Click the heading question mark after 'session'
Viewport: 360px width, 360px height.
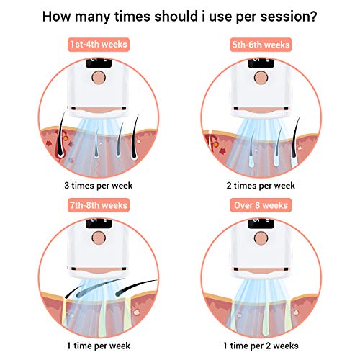[313, 17]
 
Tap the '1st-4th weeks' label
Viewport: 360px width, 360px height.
[99, 45]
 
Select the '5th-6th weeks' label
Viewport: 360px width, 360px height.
[261, 45]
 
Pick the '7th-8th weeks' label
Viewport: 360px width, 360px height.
[99, 205]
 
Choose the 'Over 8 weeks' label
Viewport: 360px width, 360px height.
[261, 205]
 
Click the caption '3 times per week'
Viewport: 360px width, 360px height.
[99, 186]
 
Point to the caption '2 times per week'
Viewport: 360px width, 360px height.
[261, 186]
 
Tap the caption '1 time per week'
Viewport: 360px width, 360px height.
[99, 346]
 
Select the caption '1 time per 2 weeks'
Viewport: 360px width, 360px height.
[261, 346]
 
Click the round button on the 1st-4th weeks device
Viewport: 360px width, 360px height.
[99, 77]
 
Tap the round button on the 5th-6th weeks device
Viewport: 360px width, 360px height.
[261, 77]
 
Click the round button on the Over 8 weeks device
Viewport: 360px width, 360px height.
[261, 238]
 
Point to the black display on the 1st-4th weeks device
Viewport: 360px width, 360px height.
[99, 63]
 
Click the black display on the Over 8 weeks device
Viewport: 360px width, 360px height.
[261, 223]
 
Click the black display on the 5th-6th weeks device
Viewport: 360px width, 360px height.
[261, 63]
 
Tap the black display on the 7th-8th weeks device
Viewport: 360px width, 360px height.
[99, 223]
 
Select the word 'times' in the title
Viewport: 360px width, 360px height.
[132, 17]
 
